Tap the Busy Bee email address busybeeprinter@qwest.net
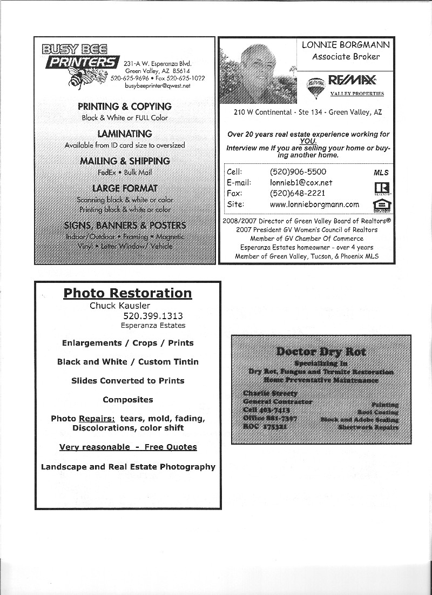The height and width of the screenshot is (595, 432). click(x=157, y=85)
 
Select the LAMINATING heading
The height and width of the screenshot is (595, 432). click(x=125, y=134)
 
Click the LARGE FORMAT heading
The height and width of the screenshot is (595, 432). click(x=125, y=188)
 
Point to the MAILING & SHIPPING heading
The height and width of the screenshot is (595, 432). click(x=125, y=161)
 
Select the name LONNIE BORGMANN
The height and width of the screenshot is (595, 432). click(x=346, y=45)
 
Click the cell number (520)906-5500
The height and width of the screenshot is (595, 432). click(x=298, y=172)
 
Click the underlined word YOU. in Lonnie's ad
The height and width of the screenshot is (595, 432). click(x=308, y=141)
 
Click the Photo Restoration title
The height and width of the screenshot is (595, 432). click(x=127, y=293)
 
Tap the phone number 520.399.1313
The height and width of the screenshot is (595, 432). click(x=153, y=316)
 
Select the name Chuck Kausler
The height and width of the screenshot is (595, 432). click(x=120, y=306)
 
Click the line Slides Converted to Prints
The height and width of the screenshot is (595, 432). click(x=128, y=381)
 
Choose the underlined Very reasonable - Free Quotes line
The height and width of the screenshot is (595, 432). click(x=128, y=447)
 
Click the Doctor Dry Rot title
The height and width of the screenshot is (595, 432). click(x=321, y=352)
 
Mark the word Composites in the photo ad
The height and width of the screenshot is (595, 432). click(x=128, y=400)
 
